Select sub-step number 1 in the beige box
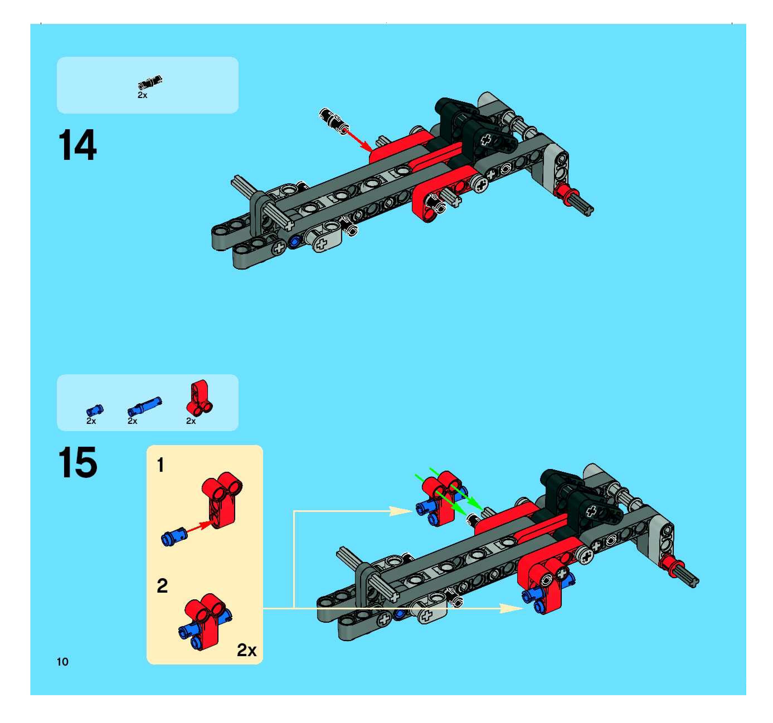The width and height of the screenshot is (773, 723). point(160,465)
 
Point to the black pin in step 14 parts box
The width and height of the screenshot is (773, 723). point(150,82)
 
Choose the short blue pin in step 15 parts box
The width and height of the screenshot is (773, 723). point(94,410)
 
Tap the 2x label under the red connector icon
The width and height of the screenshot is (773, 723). point(191,421)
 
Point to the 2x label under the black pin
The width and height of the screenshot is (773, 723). point(142,95)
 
